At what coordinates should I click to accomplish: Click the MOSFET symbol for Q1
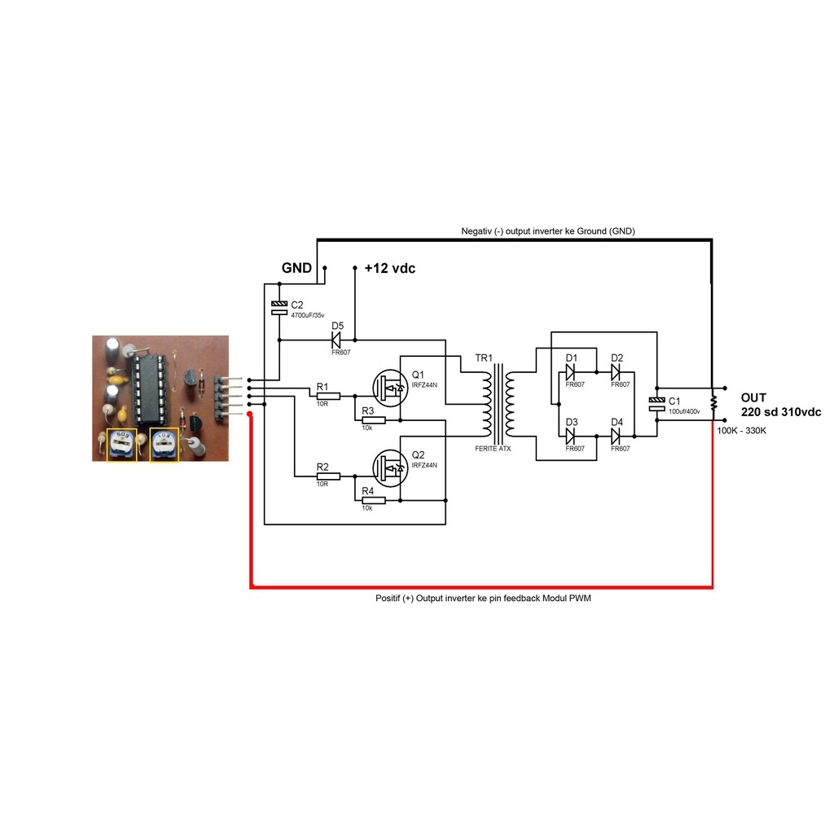click(x=390, y=386)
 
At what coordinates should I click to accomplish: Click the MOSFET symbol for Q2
click(x=390, y=467)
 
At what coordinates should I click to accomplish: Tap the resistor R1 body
click(x=328, y=396)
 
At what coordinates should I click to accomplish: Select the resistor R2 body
click(x=328, y=476)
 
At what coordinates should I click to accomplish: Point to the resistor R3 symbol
click(x=373, y=420)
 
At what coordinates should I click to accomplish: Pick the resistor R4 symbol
click(x=373, y=500)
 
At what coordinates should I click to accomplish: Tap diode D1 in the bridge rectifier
click(x=572, y=371)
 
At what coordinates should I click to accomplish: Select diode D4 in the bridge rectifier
click(x=617, y=437)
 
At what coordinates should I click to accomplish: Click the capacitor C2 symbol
click(x=279, y=308)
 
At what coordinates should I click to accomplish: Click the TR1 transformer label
click(x=484, y=358)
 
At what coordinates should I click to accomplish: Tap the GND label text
click(x=296, y=268)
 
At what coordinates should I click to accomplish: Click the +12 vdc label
click(x=389, y=268)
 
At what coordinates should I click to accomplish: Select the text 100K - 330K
click(x=741, y=430)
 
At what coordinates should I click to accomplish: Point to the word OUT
click(x=753, y=397)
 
